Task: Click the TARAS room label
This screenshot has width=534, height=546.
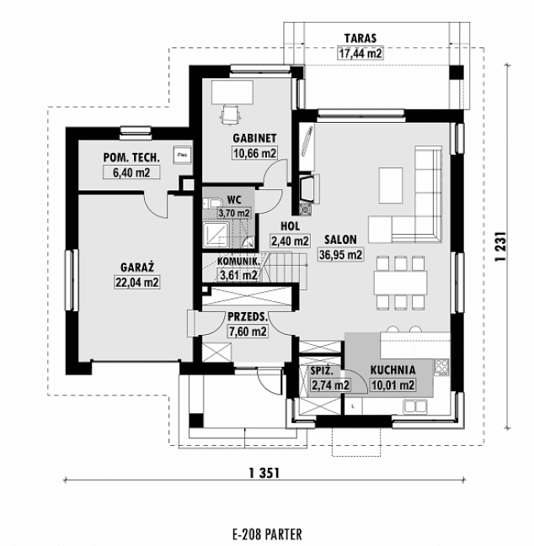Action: [360, 38]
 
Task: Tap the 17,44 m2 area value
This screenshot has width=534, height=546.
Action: [360, 53]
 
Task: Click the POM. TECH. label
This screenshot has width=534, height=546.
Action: [126, 158]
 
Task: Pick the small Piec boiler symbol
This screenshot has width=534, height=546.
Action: [181, 154]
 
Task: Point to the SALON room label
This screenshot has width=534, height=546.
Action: [339, 238]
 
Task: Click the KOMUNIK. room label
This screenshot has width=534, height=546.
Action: [227, 262]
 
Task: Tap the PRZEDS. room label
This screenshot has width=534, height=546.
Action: [248, 316]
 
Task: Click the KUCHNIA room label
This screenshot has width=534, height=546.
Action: [392, 369]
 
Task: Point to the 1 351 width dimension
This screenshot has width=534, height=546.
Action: [264, 473]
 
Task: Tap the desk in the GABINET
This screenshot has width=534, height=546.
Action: [232, 90]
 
